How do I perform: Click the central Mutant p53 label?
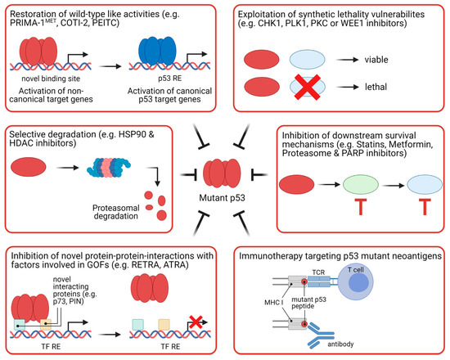pos(225,198)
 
